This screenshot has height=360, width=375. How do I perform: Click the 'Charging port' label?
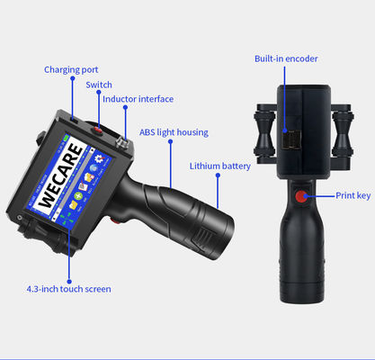[71, 69]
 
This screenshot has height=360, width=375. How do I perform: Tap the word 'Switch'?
[99, 85]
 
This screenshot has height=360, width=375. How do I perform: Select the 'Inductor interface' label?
[138, 99]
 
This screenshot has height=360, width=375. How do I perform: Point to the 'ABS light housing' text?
[174, 132]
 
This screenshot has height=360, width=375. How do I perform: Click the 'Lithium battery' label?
[220, 166]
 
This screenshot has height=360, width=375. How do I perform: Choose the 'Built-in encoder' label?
[286, 58]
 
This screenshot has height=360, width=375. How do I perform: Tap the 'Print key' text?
[353, 195]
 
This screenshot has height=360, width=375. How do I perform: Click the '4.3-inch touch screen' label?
[69, 289]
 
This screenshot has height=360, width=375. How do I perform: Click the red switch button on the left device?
[98, 130]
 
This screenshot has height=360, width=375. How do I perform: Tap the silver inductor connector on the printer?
[122, 142]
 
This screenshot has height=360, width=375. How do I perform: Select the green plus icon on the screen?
[78, 196]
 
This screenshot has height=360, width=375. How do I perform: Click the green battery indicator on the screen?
[67, 138]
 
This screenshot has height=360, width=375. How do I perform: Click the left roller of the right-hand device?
[264, 134]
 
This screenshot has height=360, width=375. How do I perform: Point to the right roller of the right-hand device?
[343, 134]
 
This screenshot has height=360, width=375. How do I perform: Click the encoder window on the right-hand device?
[291, 139]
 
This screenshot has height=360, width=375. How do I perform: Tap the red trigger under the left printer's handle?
[115, 220]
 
